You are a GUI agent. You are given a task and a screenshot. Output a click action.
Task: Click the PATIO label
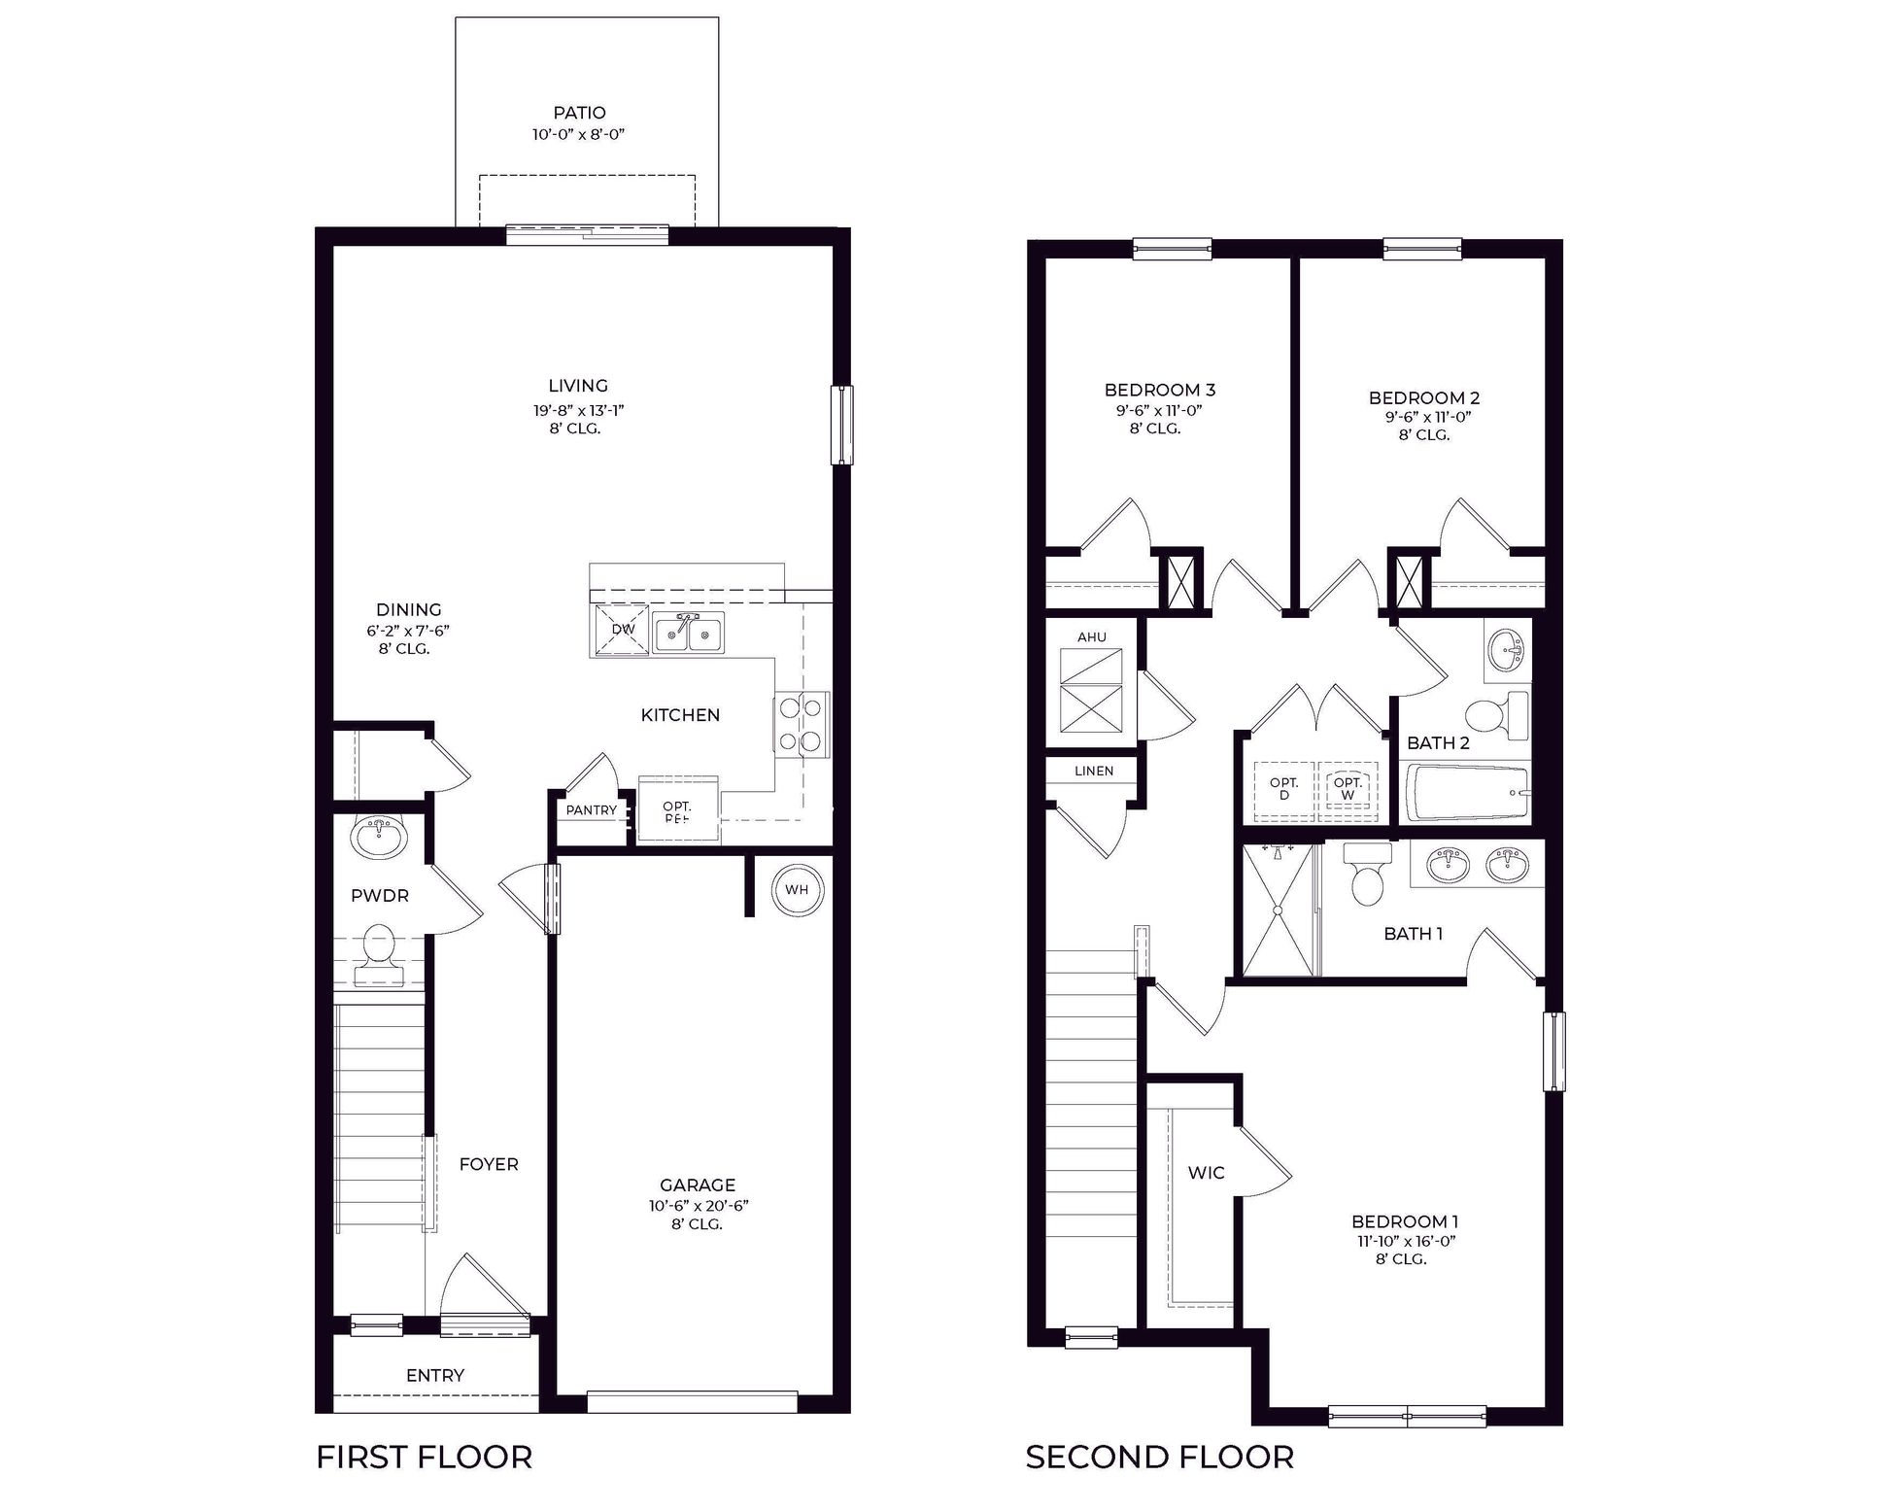(x=579, y=113)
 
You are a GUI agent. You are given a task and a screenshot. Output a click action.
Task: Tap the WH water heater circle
(x=797, y=890)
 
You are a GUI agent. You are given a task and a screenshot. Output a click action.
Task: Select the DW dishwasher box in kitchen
(x=622, y=629)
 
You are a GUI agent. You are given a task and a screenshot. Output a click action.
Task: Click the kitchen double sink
(x=688, y=634)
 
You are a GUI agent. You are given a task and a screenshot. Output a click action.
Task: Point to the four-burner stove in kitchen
(x=802, y=723)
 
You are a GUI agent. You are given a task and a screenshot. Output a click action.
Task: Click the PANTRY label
(x=591, y=810)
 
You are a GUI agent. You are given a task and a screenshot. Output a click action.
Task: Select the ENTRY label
(x=434, y=1375)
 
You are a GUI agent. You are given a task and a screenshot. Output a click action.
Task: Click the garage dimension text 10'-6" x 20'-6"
(x=698, y=1206)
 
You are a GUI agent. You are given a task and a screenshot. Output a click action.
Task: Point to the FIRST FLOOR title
(x=425, y=1458)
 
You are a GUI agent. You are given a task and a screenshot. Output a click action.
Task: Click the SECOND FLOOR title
(x=1159, y=1458)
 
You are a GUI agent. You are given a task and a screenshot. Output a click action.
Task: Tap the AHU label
(x=1091, y=637)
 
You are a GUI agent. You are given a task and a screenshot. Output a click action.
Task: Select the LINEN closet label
(x=1094, y=771)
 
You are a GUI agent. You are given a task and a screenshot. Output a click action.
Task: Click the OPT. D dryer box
(x=1283, y=789)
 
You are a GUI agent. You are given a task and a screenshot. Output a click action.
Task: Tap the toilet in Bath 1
(x=1367, y=876)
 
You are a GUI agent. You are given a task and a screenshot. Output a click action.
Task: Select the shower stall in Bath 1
(x=1278, y=910)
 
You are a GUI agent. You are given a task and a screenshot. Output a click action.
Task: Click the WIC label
(x=1206, y=1173)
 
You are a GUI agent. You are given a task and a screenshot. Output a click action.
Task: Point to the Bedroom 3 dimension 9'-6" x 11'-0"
(x=1159, y=410)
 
